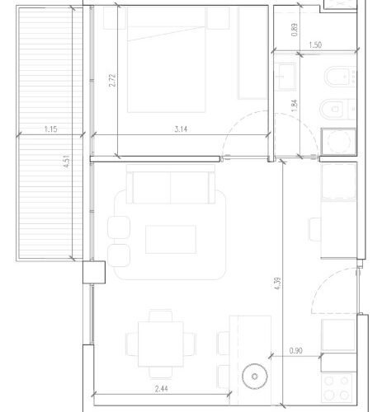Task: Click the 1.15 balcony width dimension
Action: click(x=51, y=129)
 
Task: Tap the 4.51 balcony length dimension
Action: click(x=67, y=162)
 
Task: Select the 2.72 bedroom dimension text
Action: click(x=112, y=80)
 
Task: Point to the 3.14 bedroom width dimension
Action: click(x=181, y=129)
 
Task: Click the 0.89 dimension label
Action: click(x=295, y=30)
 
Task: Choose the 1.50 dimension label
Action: click(x=315, y=45)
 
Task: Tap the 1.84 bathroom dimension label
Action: click(x=295, y=105)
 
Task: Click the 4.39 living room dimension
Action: click(x=278, y=283)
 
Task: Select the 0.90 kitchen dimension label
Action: click(x=296, y=351)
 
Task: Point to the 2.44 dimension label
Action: click(x=161, y=389)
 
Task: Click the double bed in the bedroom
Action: click(x=166, y=59)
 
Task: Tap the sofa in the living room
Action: click(x=171, y=185)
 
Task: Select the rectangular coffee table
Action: click(x=171, y=239)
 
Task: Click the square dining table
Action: click(x=161, y=344)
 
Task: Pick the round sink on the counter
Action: click(x=255, y=377)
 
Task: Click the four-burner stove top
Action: click(x=337, y=388)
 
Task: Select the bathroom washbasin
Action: click(x=286, y=77)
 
